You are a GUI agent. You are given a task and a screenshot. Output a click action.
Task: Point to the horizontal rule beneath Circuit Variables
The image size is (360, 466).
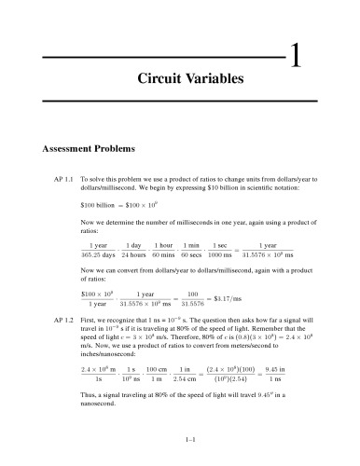tap(180, 100)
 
